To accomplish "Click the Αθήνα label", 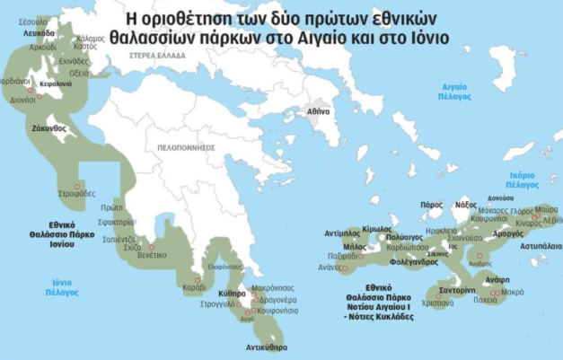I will click(x=319, y=111).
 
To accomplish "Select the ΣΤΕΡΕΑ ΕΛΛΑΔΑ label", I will click(x=153, y=57).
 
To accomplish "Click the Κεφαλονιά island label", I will click(x=55, y=83).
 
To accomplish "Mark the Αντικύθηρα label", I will click(x=267, y=346).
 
